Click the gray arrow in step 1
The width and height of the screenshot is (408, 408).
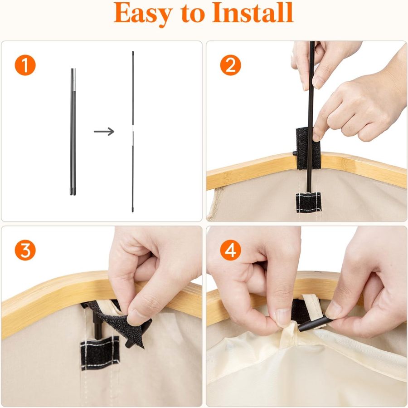(x=104, y=132)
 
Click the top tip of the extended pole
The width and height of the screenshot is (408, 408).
(x=133, y=53)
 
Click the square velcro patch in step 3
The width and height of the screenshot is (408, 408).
(x=99, y=353)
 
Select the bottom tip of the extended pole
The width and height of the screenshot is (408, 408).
(x=133, y=210)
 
